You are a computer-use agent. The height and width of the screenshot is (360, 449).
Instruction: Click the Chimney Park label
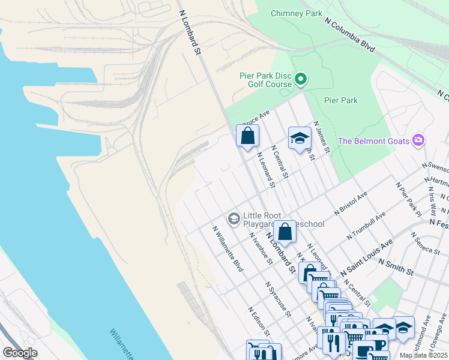click(x=296, y=13)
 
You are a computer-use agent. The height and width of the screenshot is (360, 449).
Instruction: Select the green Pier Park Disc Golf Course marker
click(x=301, y=79)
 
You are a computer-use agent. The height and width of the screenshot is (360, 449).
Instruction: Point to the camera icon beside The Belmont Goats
click(x=418, y=141)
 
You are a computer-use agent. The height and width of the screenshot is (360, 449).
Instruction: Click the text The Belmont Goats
click(x=373, y=142)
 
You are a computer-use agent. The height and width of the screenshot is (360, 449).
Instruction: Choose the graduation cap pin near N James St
click(x=299, y=139)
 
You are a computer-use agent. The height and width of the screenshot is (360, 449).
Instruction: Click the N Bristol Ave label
click(x=351, y=204)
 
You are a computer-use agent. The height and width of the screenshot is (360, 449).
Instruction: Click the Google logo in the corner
click(x=20, y=352)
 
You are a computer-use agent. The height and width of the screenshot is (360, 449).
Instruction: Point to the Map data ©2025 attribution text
click(x=423, y=355)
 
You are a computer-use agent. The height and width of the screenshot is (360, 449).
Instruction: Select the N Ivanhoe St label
click(x=261, y=247)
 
